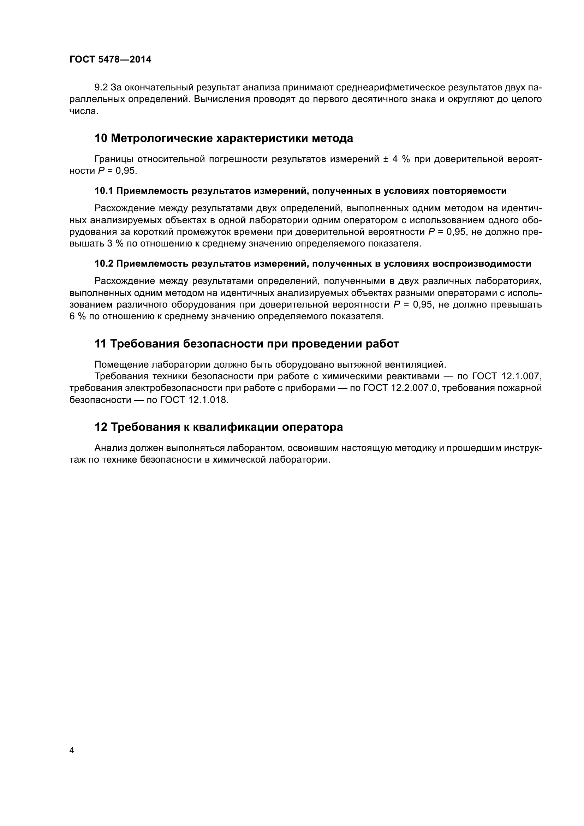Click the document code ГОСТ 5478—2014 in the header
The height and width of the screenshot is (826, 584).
tap(111, 60)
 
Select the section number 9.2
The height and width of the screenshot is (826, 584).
tap(101, 88)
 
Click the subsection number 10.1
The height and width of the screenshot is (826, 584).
tap(104, 191)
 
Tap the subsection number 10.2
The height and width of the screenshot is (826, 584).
tap(104, 264)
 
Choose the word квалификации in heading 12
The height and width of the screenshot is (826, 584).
tap(236, 427)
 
